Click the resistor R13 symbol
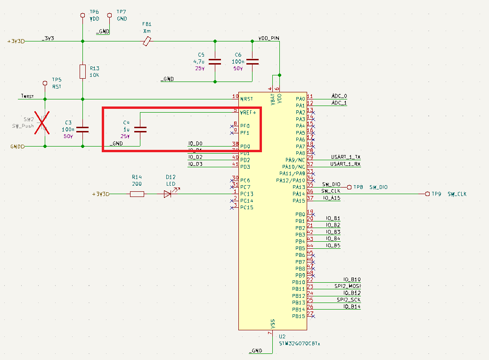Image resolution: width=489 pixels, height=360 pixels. pyautogui.click(x=83, y=72)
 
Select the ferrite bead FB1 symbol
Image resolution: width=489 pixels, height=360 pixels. pyautogui.click(x=147, y=42)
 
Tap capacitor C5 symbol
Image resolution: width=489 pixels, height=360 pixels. pyautogui.click(x=215, y=61)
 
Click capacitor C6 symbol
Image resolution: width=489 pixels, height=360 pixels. pyautogui.click(x=253, y=61)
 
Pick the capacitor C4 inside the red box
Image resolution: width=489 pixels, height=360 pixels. pyautogui.click(x=140, y=130)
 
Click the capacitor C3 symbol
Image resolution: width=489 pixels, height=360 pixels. pyautogui.click(x=83, y=130)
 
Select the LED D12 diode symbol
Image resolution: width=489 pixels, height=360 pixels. pyautogui.click(x=168, y=194)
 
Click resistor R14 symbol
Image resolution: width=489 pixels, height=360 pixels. pyautogui.click(x=137, y=194)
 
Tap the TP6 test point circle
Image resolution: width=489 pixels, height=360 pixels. pyautogui.click(x=83, y=15)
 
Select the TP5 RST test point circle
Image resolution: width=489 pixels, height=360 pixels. pyautogui.click(x=45, y=83)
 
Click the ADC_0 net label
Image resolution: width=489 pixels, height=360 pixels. pyautogui.click(x=339, y=96)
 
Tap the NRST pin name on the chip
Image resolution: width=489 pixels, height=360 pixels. pyautogui.click(x=247, y=99)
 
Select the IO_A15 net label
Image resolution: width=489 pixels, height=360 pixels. pyautogui.click(x=332, y=198)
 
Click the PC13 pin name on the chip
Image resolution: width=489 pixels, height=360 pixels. pyautogui.click(x=247, y=194)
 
